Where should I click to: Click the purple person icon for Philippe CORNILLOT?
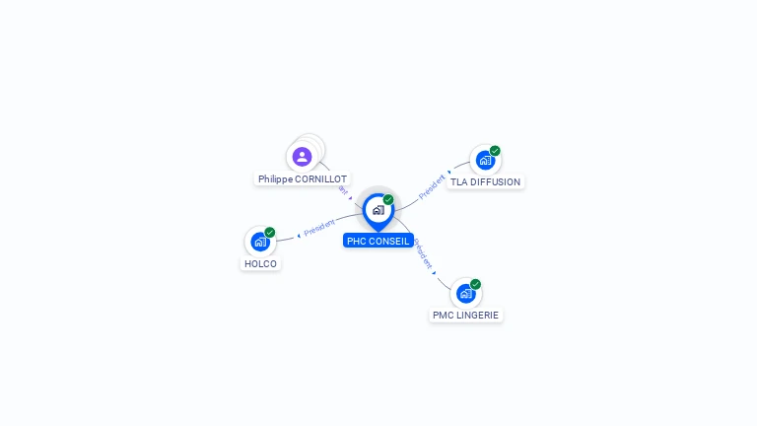pyautogui.click(x=303, y=156)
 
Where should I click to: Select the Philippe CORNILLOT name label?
pyautogui.click(x=303, y=179)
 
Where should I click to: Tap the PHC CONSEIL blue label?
pyautogui.click(x=378, y=241)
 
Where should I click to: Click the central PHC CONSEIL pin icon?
pyautogui.click(x=378, y=210)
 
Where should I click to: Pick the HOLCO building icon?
pyautogui.click(x=260, y=241)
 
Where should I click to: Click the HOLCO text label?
pyautogui.click(x=260, y=263)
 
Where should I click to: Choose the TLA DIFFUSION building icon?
pyautogui.click(x=485, y=160)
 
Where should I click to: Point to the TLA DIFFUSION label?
pyautogui.click(x=485, y=181)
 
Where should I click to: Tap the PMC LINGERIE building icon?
pyautogui.click(x=466, y=293)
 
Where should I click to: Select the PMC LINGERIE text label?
pyautogui.click(x=466, y=316)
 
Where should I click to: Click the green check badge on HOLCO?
pyautogui.click(x=270, y=233)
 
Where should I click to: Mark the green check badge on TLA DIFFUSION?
pyautogui.click(x=495, y=151)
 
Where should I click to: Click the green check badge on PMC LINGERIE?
pyautogui.click(x=476, y=284)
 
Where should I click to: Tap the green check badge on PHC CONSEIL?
pyautogui.click(x=388, y=200)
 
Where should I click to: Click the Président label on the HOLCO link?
pyautogui.click(x=319, y=228)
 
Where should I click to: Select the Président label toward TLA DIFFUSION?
pyautogui.click(x=432, y=187)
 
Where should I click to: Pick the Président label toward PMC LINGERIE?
pyautogui.click(x=423, y=253)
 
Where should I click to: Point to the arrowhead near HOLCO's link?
pyautogui.click(x=298, y=236)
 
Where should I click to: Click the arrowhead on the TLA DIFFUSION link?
pyautogui.click(x=449, y=172)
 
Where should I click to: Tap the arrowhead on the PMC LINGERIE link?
pyautogui.click(x=434, y=273)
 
